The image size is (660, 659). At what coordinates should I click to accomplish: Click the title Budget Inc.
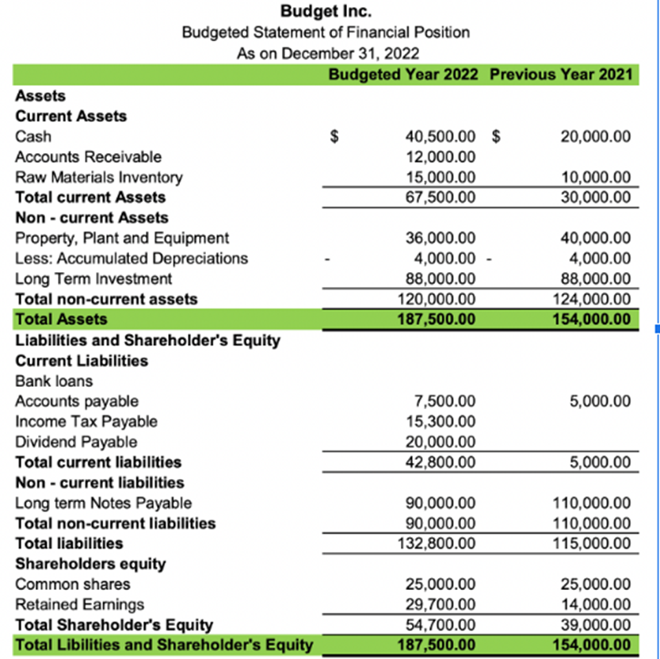pos(326,12)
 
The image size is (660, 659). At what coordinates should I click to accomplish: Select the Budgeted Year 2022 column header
pos(403,75)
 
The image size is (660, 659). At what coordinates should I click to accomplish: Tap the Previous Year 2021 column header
pos(560,75)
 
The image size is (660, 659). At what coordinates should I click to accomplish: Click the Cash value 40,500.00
pos(441,136)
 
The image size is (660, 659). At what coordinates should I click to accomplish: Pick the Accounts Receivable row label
pos(88,157)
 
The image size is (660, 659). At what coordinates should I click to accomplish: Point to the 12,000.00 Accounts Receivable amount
pos(441,157)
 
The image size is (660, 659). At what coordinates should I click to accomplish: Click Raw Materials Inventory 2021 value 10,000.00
pos(596,177)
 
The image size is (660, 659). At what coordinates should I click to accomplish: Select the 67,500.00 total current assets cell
pos(441,197)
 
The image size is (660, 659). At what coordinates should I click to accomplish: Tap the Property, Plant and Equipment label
pos(122,238)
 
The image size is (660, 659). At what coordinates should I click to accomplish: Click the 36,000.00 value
pos(441,238)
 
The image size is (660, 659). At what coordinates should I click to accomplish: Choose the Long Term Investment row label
pos(93,278)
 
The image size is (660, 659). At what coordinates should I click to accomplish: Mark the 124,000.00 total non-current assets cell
pos(593,299)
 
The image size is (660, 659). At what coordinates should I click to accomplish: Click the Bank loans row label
pos(54,381)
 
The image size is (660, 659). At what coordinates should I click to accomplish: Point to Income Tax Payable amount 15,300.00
pos(441,422)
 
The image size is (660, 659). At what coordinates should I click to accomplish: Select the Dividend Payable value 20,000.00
pos(441,442)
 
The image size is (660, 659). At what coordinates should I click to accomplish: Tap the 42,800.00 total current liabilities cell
pos(441,462)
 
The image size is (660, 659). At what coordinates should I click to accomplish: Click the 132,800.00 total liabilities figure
pos(438,544)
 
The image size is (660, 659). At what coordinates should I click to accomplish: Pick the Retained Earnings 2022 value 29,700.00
pos(441,605)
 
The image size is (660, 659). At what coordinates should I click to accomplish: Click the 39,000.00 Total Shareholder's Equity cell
pos(596,625)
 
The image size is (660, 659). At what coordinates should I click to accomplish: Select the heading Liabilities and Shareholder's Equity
pos(147,340)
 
